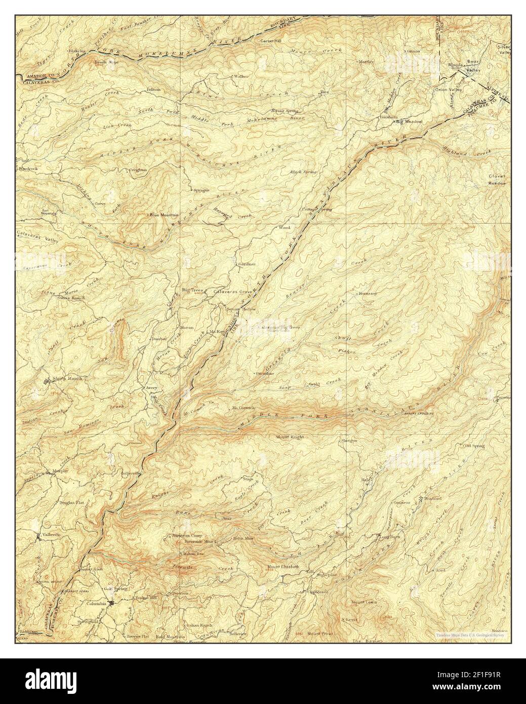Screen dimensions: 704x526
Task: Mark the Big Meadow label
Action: pos(409,122)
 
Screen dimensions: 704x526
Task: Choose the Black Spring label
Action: pos(303,172)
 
